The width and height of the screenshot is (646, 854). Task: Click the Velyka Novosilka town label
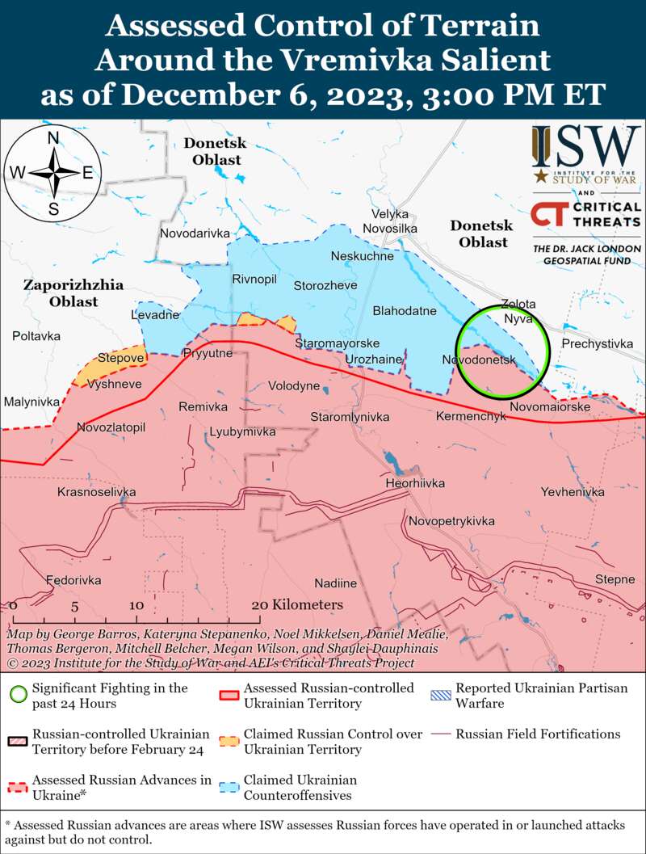(390, 221)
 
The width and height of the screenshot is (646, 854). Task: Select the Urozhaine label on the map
(373, 359)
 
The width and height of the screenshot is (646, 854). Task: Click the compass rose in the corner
(53, 172)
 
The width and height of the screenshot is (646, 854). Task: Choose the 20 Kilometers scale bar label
(296, 604)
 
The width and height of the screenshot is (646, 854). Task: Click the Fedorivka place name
(73, 580)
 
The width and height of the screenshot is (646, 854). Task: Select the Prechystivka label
(597, 344)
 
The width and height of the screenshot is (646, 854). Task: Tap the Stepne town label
(615, 579)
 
